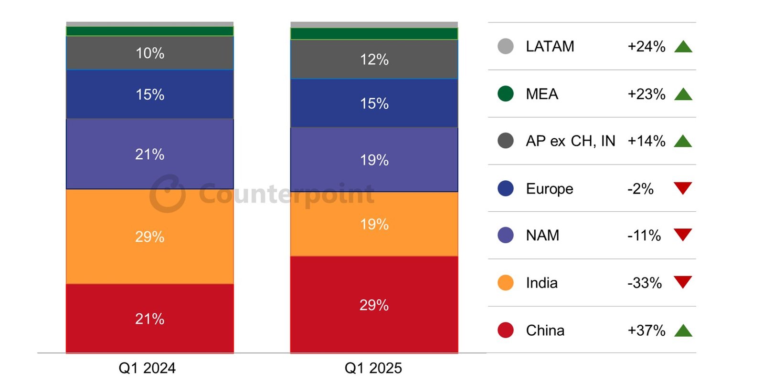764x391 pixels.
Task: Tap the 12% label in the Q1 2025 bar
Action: [x=374, y=60]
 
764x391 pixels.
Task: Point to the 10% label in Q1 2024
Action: [x=149, y=53]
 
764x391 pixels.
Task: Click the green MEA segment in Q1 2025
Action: [x=374, y=34]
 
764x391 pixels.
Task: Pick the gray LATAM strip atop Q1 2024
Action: [x=149, y=24]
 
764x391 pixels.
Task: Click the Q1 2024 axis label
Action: [x=147, y=368]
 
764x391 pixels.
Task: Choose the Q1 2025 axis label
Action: [x=373, y=368]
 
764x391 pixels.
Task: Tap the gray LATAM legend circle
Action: [x=505, y=46]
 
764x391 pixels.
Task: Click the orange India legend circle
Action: [x=505, y=283]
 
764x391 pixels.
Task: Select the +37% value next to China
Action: [x=646, y=330]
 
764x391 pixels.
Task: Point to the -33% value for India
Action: [x=644, y=283]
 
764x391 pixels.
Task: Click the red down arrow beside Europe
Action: [x=683, y=188]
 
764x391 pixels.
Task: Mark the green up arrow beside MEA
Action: [x=683, y=94]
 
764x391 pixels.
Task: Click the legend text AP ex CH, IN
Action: [x=570, y=141]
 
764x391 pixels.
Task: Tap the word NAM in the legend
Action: [x=542, y=236]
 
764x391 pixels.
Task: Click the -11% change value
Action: [x=644, y=236]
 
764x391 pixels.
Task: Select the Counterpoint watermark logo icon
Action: [x=167, y=194]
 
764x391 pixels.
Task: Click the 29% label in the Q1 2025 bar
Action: [x=374, y=305]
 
